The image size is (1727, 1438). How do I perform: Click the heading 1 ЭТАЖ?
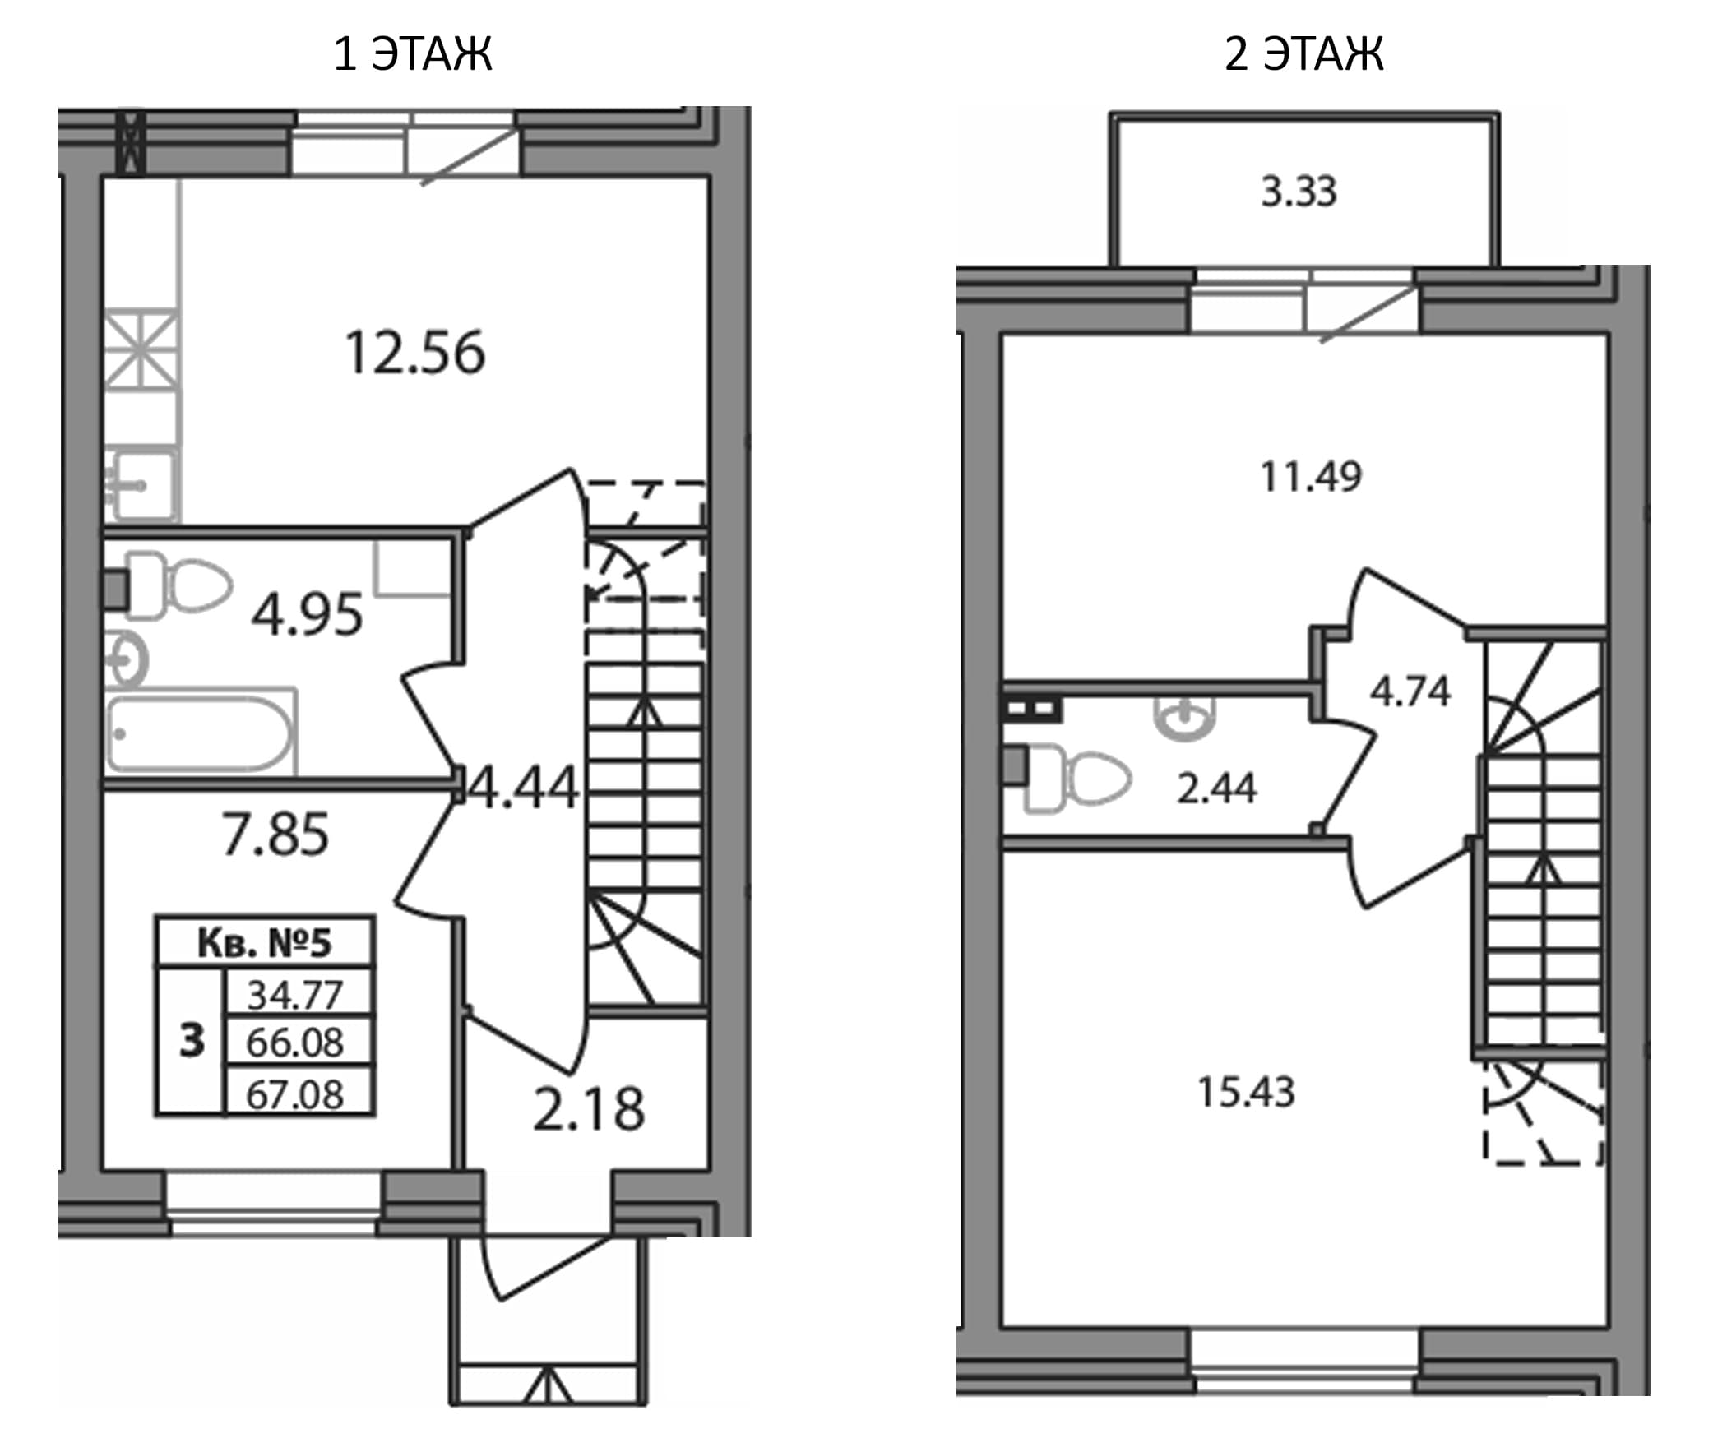413,54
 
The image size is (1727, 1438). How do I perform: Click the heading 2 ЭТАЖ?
1304,54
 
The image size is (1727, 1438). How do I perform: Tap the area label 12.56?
415,354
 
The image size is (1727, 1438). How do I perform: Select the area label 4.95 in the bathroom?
307,614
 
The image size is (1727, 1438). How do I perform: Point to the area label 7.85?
275,834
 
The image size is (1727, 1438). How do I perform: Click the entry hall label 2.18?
589,1109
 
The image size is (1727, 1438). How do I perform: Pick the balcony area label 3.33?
1299,192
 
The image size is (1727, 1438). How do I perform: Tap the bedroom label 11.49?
1311,477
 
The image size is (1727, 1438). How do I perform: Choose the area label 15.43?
1247,1093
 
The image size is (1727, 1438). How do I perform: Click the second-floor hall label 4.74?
1410,691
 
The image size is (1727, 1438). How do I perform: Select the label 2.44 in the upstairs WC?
1217,789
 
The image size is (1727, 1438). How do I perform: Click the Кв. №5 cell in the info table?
265,943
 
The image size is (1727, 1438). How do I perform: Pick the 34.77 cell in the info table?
295,995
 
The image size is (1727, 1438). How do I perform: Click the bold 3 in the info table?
192,1041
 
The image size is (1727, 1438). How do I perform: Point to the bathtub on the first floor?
201,732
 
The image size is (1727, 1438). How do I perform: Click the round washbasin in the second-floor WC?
1186,717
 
